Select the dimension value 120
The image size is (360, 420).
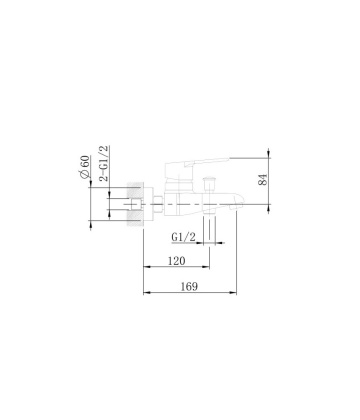(x=177, y=260)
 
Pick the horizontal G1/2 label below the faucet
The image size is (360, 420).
(x=183, y=238)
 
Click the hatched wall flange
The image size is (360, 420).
(x=136, y=202)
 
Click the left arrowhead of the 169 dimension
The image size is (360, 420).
(x=149, y=293)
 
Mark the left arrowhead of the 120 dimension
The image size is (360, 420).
(x=149, y=268)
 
